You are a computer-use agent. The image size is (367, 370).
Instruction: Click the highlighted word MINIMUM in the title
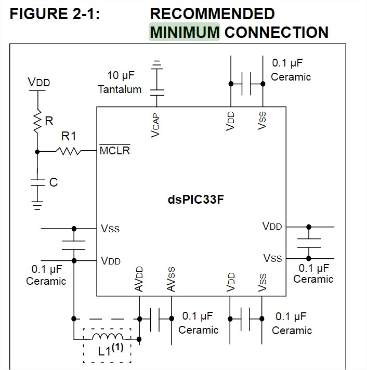click(x=185, y=32)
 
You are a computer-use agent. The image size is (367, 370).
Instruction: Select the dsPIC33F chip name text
click(x=195, y=200)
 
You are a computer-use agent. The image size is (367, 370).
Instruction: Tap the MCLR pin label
click(x=115, y=150)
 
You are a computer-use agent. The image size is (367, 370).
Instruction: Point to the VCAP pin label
click(x=155, y=125)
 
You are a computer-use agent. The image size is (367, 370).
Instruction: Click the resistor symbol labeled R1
click(x=68, y=151)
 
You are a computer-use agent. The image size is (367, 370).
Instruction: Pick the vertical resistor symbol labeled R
click(x=37, y=121)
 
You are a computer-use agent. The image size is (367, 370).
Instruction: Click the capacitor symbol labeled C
click(x=37, y=182)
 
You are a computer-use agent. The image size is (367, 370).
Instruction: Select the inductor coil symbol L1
click(x=108, y=337)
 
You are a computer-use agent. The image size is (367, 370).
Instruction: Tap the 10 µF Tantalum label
click(x=120, y=82)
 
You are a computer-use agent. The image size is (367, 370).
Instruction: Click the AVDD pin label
click(x=139, y=279)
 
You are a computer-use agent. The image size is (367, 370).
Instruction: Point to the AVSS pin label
click(x=171, y=279)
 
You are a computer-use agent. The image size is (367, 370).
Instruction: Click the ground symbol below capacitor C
click(x=37, y=206)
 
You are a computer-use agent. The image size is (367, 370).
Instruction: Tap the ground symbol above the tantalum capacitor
click(x=156, y=64)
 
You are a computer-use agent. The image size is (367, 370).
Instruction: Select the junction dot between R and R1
click(x=37, y=152)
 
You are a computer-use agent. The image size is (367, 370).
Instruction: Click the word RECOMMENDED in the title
click(x=213, y=14)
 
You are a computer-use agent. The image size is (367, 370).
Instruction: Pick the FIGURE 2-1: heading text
click(x=55, y=14)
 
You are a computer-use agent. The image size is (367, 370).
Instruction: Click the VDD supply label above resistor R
click(x=38, y=82)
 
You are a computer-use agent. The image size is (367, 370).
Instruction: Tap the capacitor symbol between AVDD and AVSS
click(x=155, y=319)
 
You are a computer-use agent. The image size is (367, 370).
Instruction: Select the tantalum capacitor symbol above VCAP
click(x=157, y=92)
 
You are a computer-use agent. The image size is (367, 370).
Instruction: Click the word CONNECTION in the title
click(x=277, y=32)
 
